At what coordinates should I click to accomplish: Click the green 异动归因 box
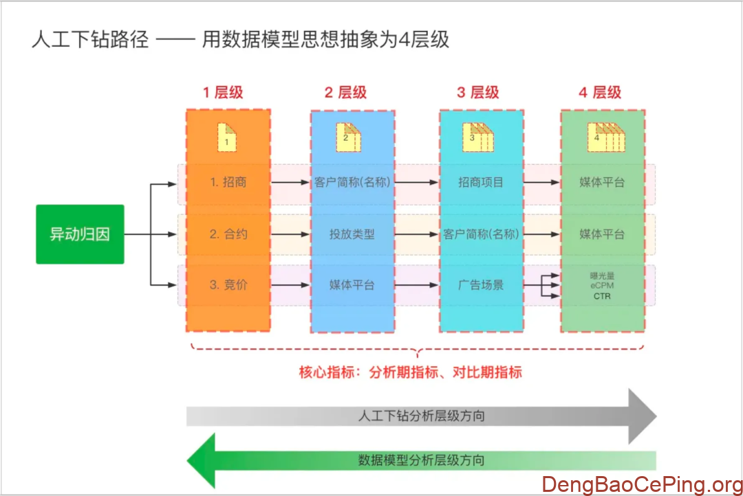(80, 234)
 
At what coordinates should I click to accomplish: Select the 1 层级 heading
(222, 93)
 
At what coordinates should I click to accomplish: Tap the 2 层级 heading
(345, 93)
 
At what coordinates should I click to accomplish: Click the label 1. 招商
(228, 183)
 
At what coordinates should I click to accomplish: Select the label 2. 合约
(228, 234)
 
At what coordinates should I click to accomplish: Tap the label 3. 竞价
(228, 284)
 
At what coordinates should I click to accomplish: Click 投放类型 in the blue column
(352, 234)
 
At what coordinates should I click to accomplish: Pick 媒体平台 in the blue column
(352, 284)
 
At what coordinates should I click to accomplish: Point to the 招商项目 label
(481, 183)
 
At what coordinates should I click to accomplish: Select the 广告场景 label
(481, 284)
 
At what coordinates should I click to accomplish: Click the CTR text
(602, 297)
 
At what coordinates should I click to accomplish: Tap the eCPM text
(602, 286)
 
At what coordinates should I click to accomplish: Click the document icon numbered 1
(227, 137)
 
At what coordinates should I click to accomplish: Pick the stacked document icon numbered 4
(603, 137)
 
